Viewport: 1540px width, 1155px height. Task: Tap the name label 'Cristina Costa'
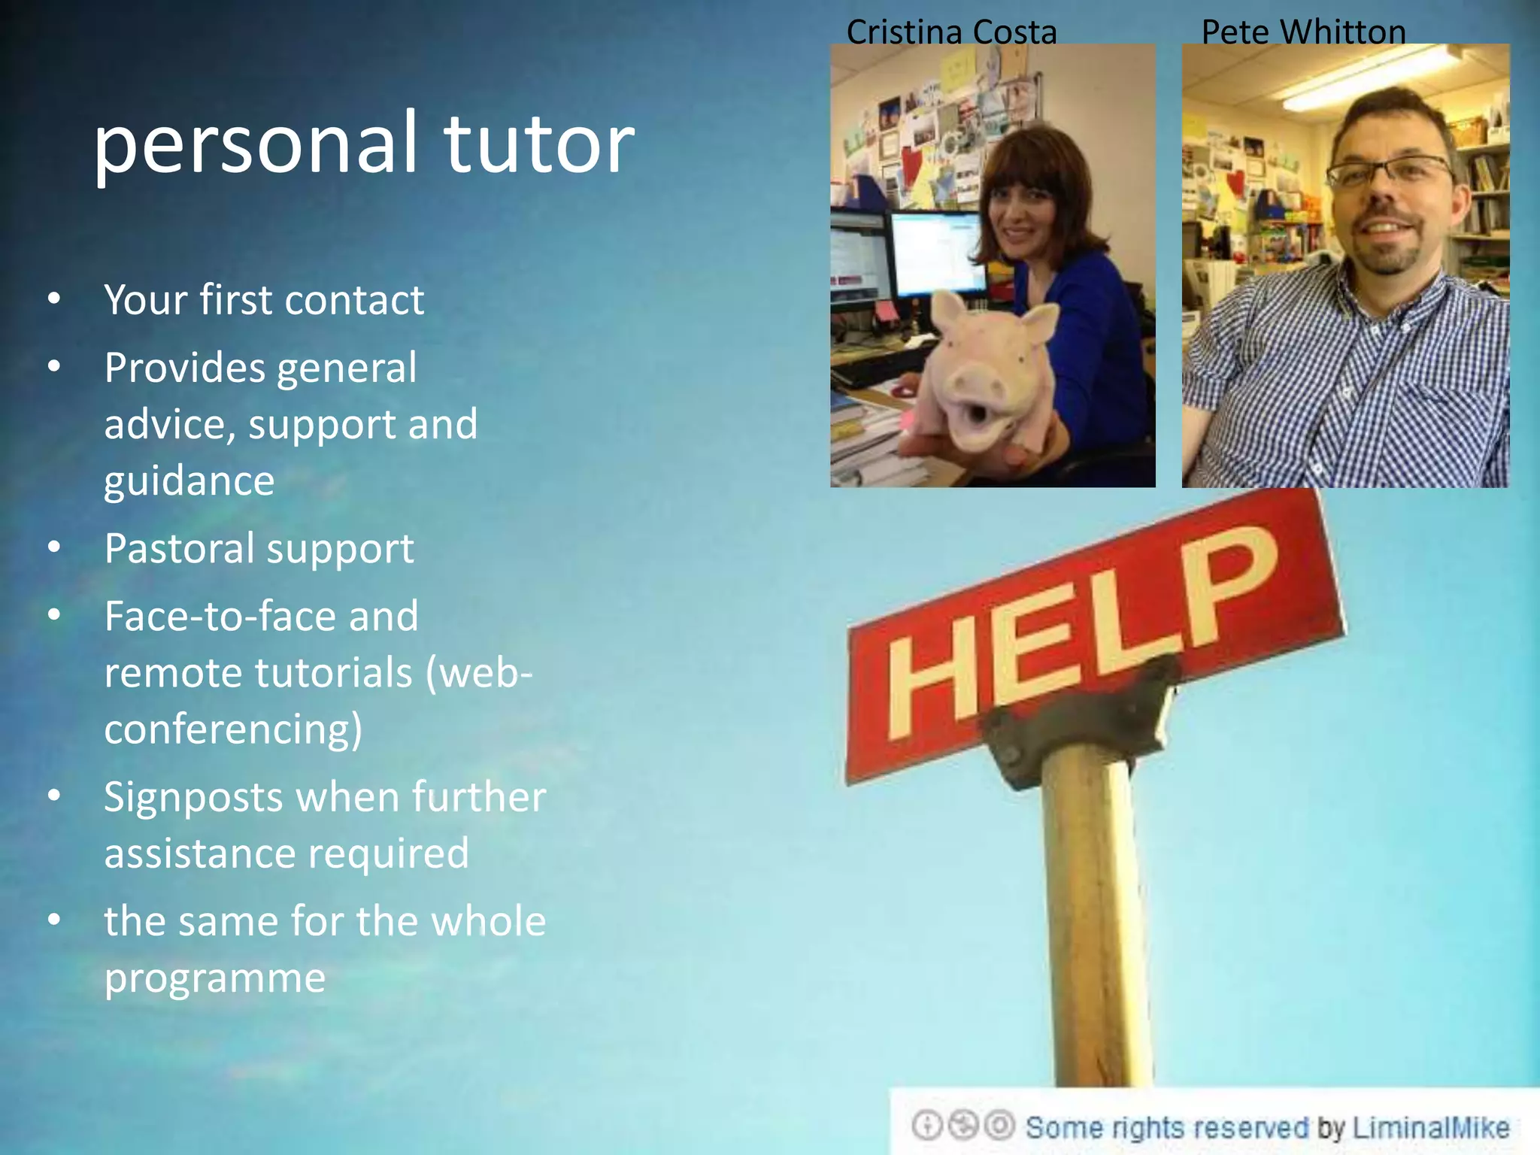[x=951, y=32]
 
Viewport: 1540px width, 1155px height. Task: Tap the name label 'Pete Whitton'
[x=1303, y=32]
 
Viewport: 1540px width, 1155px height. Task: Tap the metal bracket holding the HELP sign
[x=1083, y=722]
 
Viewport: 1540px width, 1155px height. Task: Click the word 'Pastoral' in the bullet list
[x=178, y=548]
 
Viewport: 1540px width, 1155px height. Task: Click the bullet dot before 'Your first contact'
[x=53, y=299]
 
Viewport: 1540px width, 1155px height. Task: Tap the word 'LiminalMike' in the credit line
[x=1430, y=1128]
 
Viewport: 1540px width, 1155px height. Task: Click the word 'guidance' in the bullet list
[x=189, y=481]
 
